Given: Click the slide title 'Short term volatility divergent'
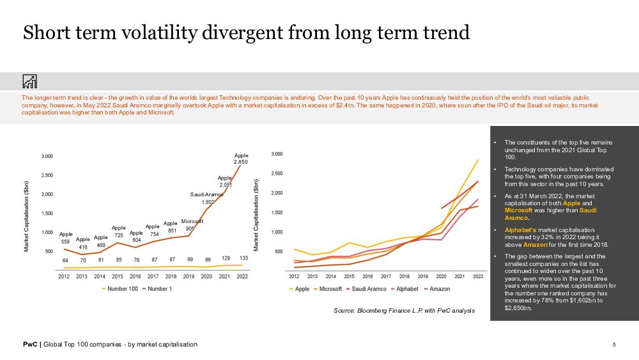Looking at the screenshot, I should tap(246, 33).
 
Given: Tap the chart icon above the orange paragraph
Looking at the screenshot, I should tap(29, 81).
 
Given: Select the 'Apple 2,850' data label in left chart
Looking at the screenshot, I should tap(241, 159).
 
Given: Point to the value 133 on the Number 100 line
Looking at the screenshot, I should tap(243, 258).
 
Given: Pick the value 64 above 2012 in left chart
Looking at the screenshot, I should tap(65, 260).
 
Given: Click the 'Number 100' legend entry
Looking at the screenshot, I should tap(125, 288).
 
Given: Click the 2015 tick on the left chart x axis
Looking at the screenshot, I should tap(118, 276).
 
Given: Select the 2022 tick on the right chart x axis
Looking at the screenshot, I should tap(478, 276).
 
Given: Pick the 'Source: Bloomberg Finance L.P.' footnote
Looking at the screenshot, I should tap(404, 311).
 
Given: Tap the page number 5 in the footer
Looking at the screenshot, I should tap(614, 345).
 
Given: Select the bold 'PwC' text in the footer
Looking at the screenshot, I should tap(29, 345).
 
